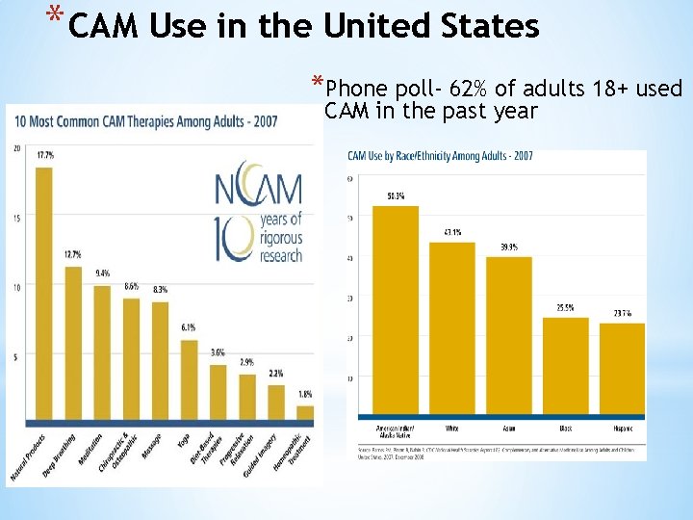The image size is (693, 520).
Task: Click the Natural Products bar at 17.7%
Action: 43,294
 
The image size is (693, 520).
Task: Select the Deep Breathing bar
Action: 73,342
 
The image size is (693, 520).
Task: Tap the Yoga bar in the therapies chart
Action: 189,380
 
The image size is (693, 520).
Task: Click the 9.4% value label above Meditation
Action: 102,273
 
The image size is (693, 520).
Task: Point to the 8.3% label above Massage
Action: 160,290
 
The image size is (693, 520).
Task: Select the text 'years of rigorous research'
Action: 280,238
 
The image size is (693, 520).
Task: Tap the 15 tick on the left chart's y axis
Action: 17,218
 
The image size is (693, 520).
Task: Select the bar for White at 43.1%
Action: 451,327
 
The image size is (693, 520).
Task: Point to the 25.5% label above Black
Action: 565,308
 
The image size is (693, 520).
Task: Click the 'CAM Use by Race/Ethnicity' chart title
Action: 440,156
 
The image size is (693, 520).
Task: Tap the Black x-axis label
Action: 565,427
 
